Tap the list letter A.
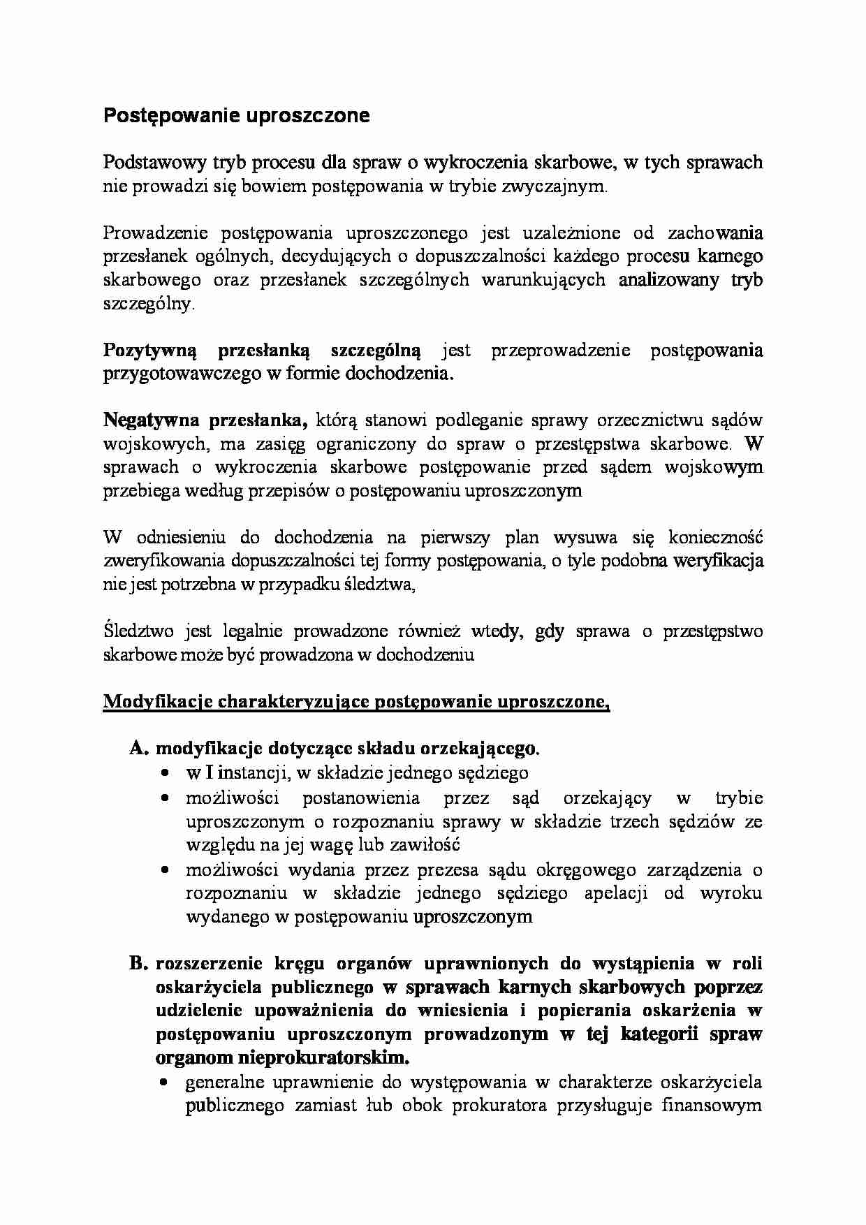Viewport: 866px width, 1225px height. click(138, 749)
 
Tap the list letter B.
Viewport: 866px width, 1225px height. click(138, 964)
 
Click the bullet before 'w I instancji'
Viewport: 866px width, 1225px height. click(165, 774)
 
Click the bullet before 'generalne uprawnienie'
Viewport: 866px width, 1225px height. click(165, 1084)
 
